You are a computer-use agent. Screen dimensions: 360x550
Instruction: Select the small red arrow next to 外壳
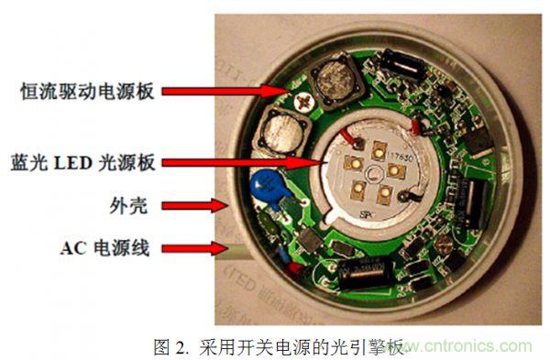221,205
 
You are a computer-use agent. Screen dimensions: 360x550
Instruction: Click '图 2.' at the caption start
172,346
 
